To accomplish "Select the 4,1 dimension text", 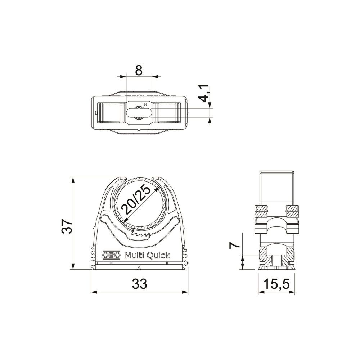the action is (x=204, y=94).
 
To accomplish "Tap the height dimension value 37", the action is (x=67, y=226).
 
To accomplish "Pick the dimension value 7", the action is (x=235, y=246).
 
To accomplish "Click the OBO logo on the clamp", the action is (x=111, y=255).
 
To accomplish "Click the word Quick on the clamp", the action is (x=159, y=255).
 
